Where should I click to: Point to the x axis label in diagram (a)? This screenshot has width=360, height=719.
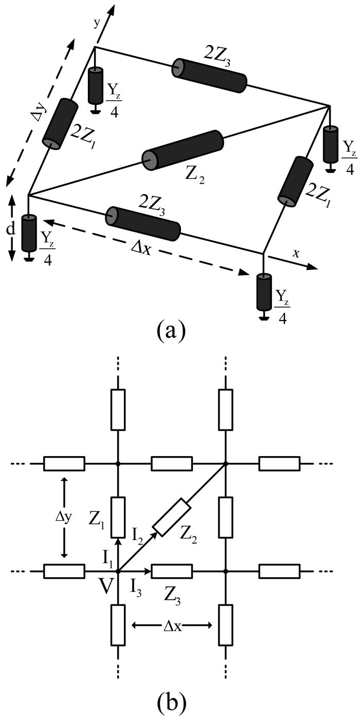point(296,253)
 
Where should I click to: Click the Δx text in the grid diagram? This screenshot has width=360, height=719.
point(172,625)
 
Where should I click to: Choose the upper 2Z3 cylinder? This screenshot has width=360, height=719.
point(209,76)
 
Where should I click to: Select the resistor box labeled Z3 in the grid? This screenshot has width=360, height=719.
point(172,571)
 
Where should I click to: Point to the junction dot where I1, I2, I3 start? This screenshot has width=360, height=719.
point(118,571)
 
